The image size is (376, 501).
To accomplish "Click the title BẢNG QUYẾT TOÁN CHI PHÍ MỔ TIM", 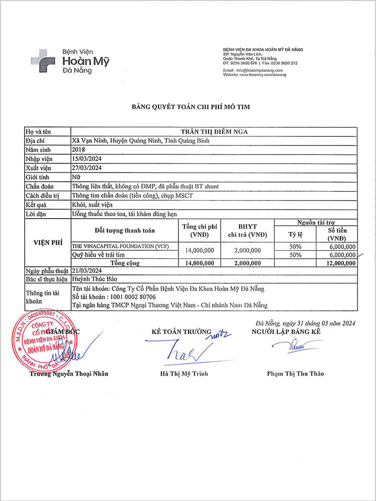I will click(191, 106).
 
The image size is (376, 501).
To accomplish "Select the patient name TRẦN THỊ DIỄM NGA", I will click(214, 131).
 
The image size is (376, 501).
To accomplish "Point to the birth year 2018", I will click(79, 150).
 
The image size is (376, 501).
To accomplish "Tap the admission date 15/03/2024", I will click(87, 159).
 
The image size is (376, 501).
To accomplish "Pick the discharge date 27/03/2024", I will click(87, 168).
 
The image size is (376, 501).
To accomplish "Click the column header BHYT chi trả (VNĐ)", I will click(248, 231).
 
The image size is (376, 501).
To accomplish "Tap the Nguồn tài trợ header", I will click(316, 222).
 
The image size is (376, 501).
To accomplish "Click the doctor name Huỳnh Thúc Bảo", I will click(95, 279).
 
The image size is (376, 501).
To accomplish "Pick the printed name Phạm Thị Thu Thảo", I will click(295, 374).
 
